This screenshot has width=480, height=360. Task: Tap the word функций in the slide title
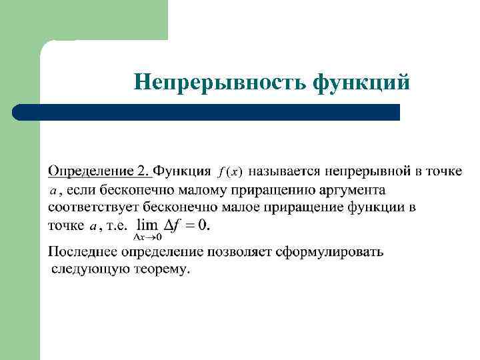[x=362, y=81]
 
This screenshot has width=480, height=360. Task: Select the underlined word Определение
[x=92, y=171]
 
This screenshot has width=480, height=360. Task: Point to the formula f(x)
[x=231, y=172]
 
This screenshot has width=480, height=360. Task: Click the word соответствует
[x=93, y=207]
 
